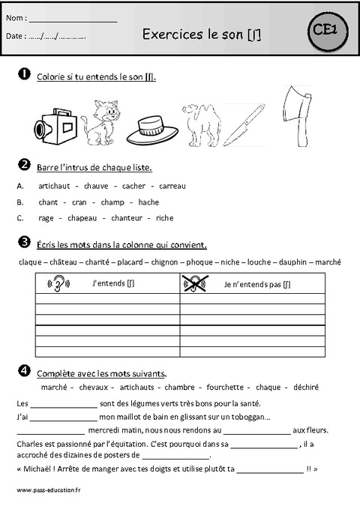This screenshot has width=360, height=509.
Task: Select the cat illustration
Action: click(101, 122)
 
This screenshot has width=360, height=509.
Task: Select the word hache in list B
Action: click(148, 202)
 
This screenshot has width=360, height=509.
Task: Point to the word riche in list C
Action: click(164, 218)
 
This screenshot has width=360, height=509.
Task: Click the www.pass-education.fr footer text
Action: click(47, 490)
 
